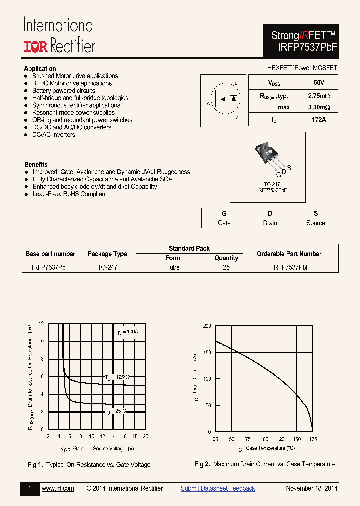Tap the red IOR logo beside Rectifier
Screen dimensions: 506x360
[35, 46]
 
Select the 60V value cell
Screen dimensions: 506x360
[319, 82]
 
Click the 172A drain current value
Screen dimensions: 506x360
[319, 120]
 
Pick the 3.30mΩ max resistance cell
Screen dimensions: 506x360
[319, 107]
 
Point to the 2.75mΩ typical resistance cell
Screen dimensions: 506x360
[319, 95]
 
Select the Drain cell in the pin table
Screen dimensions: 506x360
[270, 223]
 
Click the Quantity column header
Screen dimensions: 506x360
[226, 258]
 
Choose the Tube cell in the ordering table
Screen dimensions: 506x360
[173, 267]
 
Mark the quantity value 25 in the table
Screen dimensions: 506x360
[226, 267]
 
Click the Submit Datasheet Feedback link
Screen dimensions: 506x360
[218, 488]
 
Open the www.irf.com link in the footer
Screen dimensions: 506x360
[58, 488]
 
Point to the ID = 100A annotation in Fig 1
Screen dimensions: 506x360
[127, 332]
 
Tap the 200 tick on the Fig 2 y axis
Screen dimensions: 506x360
[207, 326]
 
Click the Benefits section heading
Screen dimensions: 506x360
[36, 164]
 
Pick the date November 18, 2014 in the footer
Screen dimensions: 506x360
[311, 488]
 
